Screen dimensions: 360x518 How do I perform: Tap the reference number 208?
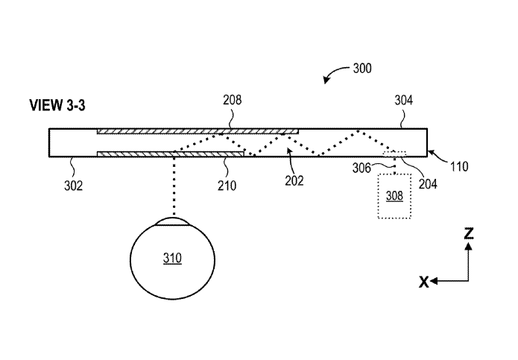click(x=232, y=99)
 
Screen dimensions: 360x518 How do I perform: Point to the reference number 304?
click(x=403, y=99)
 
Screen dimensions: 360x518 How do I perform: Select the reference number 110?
click(x=459, y=167)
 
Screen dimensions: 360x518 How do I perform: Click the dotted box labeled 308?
click(x=395, y=196)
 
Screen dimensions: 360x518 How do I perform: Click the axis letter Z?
click(x=468, y=234)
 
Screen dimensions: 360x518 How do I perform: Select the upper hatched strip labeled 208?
click(x=198, y=132)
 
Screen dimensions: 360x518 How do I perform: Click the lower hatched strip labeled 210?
click(x=171, y=154)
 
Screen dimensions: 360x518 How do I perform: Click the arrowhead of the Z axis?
click(x=468, y=246)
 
